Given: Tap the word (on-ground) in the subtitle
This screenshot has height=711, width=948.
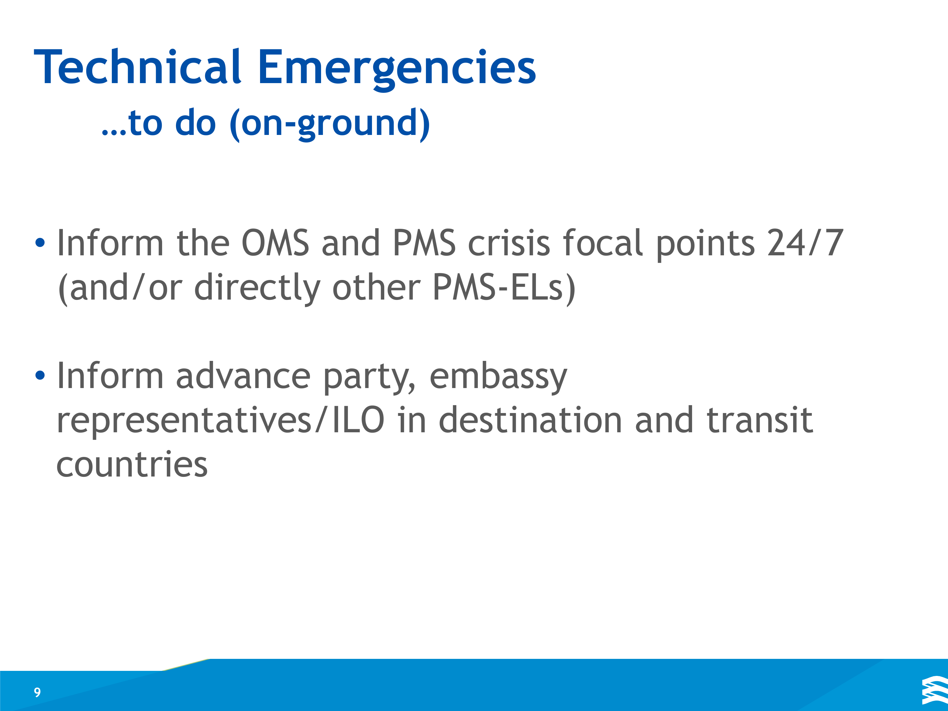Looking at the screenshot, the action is [330, 124].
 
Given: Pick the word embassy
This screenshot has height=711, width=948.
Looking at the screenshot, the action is [498, 377].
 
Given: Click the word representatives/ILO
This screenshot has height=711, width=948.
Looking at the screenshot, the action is [220, 421].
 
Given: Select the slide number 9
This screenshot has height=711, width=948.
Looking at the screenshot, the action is [37, 692].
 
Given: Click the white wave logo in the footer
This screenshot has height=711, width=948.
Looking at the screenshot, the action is [935, 690].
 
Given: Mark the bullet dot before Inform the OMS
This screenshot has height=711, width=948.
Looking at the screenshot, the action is [40, 243].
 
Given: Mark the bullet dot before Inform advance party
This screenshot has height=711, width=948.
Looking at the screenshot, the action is [40, 375].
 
